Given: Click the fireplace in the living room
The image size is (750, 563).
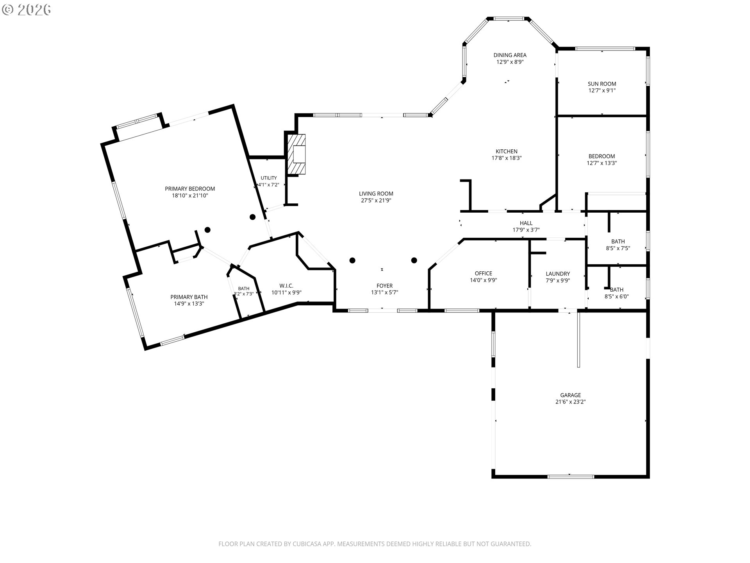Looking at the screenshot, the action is click(296, 154).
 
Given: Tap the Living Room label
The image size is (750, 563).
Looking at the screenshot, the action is click(376, 194).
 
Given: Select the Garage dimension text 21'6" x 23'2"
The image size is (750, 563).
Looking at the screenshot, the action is click(570, 402).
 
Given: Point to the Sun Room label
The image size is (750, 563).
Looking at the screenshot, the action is click(602, 84).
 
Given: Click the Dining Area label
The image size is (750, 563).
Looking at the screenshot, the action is click(510, 55).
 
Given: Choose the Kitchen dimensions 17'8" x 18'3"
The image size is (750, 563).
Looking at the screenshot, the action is click(507, 158).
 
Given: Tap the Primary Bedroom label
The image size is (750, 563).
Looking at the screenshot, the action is click(190, 189).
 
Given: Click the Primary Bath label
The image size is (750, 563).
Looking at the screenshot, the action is click(189, 297).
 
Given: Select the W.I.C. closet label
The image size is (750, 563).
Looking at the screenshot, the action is click(286, 286).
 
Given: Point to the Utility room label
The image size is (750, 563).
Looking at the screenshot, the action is click(269, 178).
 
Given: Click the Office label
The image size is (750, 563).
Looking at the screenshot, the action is click(483, 273).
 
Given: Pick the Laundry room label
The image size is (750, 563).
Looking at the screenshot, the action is click(558, 274).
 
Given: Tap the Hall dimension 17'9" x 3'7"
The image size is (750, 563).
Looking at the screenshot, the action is click(526, 230).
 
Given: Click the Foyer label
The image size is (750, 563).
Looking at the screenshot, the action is click(384, 286).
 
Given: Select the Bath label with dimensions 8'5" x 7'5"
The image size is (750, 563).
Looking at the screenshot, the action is click(618, 241).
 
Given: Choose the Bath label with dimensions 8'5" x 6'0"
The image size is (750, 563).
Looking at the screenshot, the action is click(616, 290).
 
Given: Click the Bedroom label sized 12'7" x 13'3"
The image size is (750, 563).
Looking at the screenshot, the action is click(602, 156).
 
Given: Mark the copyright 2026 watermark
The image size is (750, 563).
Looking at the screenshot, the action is click(27, 10).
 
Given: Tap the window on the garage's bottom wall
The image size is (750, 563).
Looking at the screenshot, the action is click(571, 476).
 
